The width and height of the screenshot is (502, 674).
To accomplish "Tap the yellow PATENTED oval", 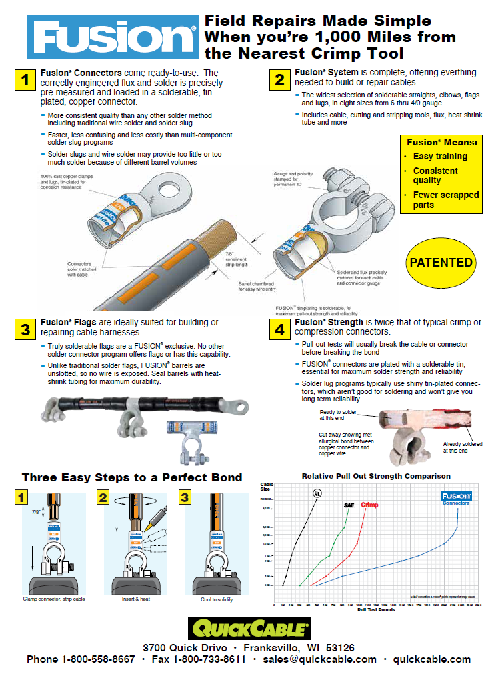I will pyautogui.click(x=441, y=263).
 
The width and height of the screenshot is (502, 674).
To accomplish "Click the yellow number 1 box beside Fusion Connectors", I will pyautogui.click(x=25, y=80).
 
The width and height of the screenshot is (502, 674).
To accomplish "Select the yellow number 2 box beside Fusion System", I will pyautogui.click(x=278, y=80).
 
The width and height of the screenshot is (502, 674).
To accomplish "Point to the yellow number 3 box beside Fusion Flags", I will pyautogui.click(x=25, y=329).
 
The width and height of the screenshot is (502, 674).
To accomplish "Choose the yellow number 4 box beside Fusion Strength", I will pyautogui.click(x=278, y=329).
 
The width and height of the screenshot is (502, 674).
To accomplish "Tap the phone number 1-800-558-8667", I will pyautogui.click(x=98, y=659).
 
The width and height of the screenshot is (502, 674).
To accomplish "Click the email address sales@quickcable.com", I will pyautogui.click(x=319, y=659).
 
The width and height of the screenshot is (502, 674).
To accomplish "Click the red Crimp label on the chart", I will pyautogui.click(x=369, y=505).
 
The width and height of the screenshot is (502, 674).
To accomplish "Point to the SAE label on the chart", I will pyautogui.click(x=349, y=505).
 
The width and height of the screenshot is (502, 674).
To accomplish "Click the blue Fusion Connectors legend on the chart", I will pyautogui.click(x=456, y=499).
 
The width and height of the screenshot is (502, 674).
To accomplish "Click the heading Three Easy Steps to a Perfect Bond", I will pyautogui.click(x=132, y=477).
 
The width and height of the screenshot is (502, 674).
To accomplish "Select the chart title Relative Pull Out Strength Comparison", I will pyautogui.click(x=376, y=476).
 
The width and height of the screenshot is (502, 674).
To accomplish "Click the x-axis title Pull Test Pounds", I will pyautogui.click(x=377, y=609).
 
